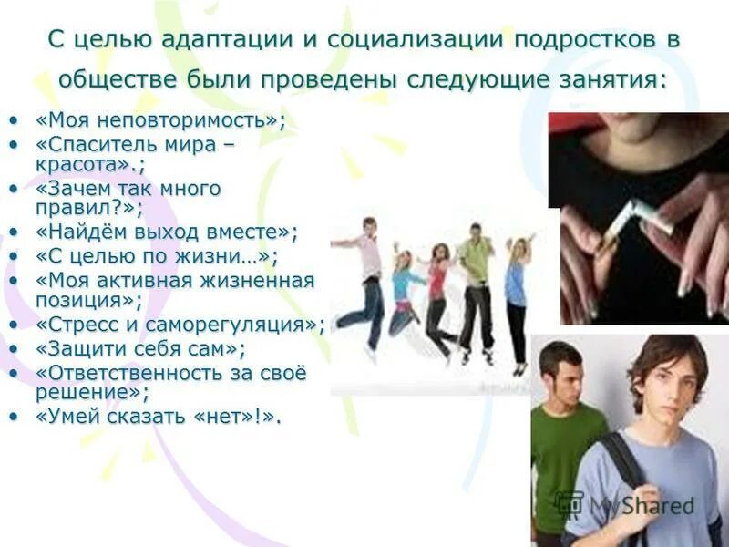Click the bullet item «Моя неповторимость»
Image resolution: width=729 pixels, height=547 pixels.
click(x=160, y=121)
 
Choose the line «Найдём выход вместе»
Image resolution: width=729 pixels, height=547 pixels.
click(x=168, y=232)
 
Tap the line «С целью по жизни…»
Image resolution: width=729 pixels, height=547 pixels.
click(x=157, y=256)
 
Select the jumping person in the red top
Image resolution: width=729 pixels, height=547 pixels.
click(x=438, y=296)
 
